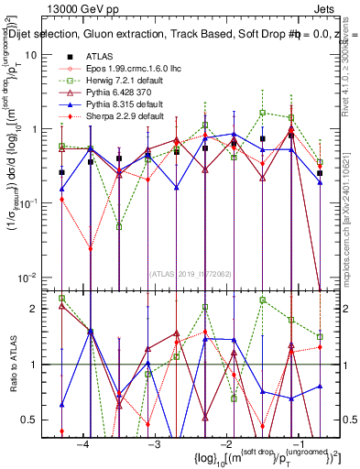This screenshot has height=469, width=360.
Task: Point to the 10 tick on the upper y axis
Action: tap(41, 55)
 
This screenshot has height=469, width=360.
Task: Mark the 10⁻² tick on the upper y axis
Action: tap(38, 277)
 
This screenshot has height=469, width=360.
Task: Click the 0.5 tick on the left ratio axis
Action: tap(38, 420)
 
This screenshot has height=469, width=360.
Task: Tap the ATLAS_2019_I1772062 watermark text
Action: tap(190, 272)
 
